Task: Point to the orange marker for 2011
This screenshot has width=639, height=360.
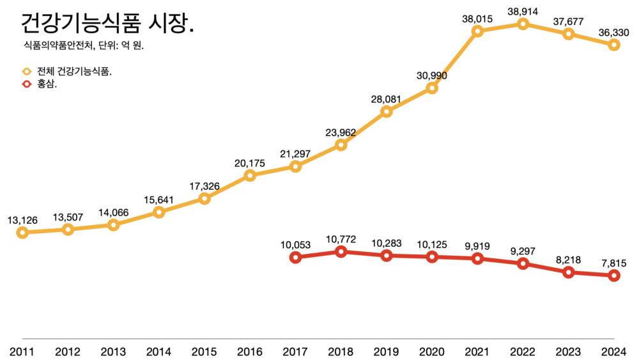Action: tap(22, 232)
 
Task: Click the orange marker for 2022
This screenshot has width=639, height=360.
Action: tap(523, 24)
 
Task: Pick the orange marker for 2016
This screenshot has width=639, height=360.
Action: tap(250, 175)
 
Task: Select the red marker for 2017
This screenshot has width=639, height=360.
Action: tap(295, 257)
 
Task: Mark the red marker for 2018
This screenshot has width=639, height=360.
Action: tap(341, 251)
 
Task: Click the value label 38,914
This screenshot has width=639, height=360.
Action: tap(523, 12)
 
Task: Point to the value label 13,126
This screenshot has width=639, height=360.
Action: tap(22, 220)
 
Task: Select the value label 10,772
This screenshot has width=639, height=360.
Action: tap(341, 239)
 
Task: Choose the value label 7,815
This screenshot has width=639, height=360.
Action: tap(614, 263)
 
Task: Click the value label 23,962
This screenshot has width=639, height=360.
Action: tap(341, 133)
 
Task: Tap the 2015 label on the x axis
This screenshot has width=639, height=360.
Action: tap(204, 351)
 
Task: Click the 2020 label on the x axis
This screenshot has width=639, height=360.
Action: tap(432, 351)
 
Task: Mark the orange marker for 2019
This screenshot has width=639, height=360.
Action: tap(386, 112)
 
